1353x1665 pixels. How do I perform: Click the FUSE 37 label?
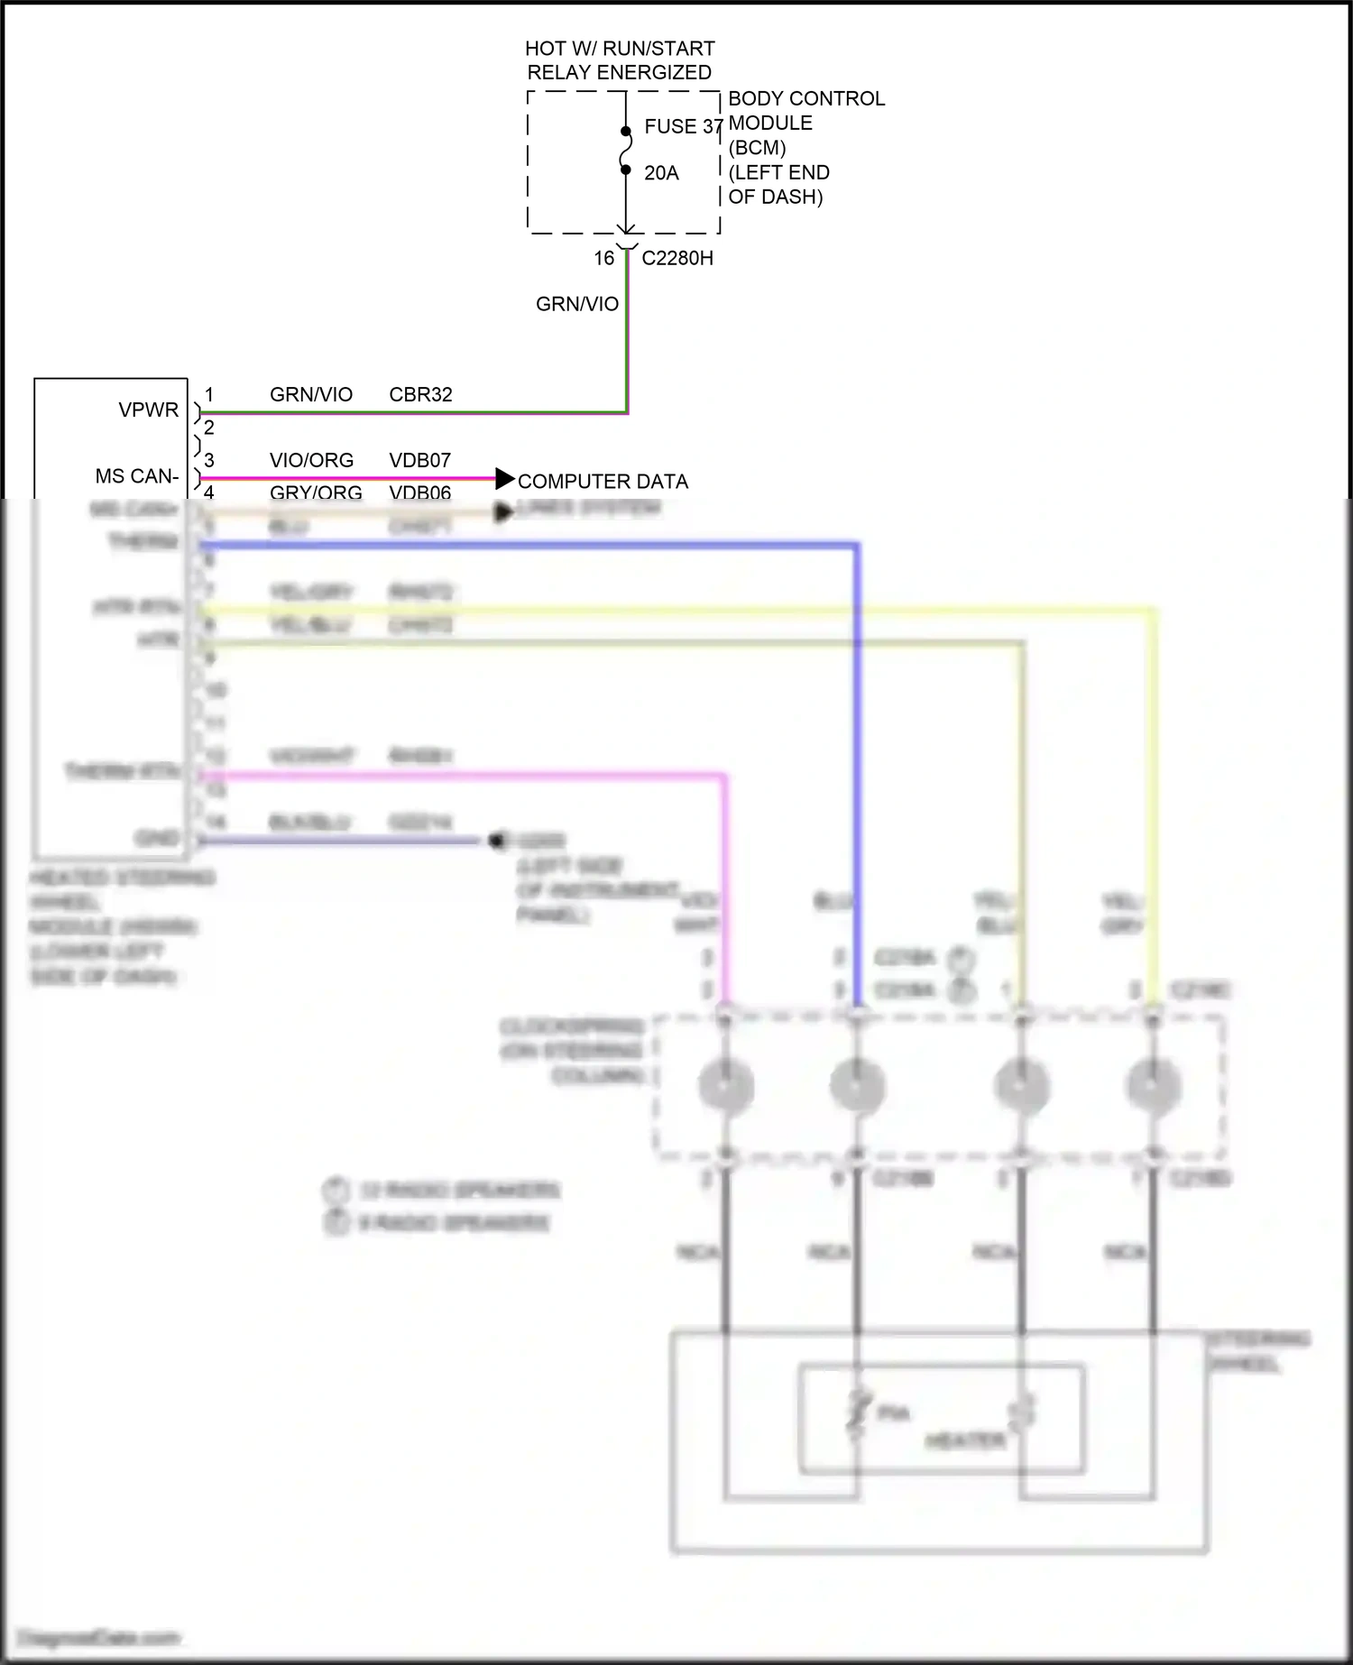click(683, 127)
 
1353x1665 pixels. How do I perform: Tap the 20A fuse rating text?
click(661, 173)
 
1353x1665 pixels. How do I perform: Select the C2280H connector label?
click(676, 259)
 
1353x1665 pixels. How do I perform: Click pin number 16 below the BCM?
click(603, 259)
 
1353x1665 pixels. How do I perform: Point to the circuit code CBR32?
click(420, 395)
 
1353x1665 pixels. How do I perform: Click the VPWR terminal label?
click(148, 410)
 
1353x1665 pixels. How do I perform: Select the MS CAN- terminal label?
click(137, 476)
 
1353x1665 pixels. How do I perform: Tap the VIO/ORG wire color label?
click(311, 461)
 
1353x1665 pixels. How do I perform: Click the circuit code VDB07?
click(419, 461)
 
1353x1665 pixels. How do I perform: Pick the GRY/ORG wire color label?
click(316, 492)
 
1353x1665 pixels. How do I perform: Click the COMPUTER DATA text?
click(603, 482)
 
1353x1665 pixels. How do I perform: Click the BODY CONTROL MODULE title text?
click(805, 111)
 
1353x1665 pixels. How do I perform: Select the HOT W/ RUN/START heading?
click(620, 49)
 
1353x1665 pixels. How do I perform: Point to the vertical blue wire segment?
click(857, 767)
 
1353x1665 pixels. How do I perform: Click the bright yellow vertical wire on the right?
click(1154, 794)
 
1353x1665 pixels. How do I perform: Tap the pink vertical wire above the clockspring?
click(724, 884)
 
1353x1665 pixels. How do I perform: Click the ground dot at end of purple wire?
click(495, 841)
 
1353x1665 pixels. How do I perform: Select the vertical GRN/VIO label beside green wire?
click(577, 305)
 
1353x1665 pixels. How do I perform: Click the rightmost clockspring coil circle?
click(1154, 1085)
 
